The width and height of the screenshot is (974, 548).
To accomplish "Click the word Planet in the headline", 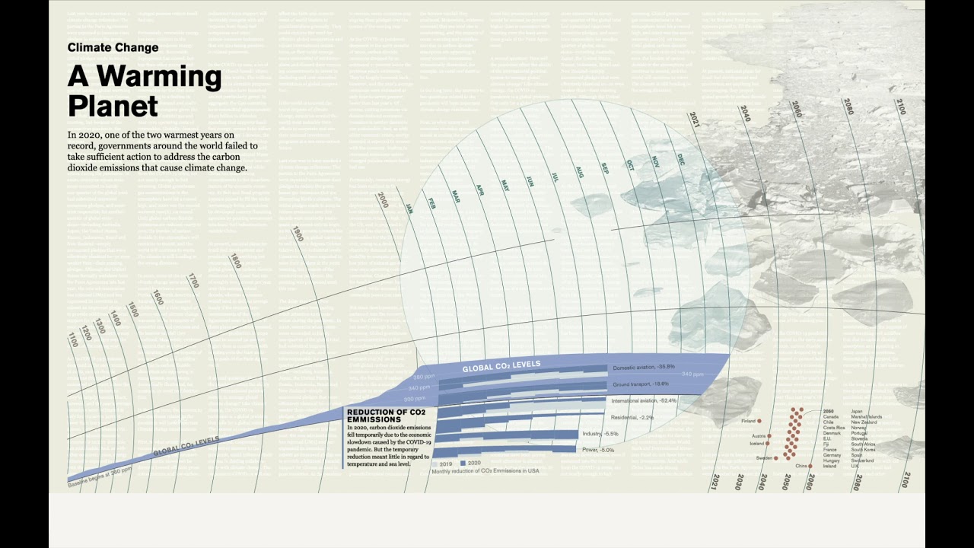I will click(x=113, y=106).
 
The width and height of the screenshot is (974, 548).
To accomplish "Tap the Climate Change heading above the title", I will click(x=113, y=47).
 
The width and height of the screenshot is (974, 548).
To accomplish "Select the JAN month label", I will click(x=409, y=208).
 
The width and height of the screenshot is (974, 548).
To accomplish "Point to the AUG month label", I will click(x=579, y=171).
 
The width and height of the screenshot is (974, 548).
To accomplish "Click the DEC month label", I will click(x=681, y=159).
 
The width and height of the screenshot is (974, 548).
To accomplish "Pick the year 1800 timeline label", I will click(x=235, y=260).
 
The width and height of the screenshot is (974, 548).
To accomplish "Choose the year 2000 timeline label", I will click(x=383, y=200).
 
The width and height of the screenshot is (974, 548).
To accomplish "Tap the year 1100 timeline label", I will click(x=73, y=339).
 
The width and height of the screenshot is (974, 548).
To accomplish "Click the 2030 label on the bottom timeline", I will click(x=739, y=482).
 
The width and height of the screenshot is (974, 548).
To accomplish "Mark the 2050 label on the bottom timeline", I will click(x=787, y=481).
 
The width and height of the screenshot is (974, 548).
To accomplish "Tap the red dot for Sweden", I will click(x=778, y=458).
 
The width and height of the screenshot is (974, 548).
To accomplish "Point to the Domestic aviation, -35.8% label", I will click(x=645, y=367).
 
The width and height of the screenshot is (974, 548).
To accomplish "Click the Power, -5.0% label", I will click(x=597, y=450).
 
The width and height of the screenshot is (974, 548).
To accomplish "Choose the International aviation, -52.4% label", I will click(x=645, y=400).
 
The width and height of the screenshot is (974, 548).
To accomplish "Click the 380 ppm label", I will click(x=423, y=377).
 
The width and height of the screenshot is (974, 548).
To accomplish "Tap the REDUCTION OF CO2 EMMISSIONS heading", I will click(x=384, y=416).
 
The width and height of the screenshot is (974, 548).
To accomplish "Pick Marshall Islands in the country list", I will click(x=867, y=417).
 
